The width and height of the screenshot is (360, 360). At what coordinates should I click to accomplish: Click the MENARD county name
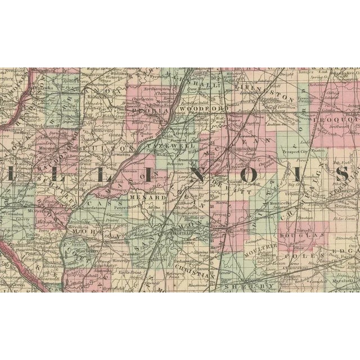coord(143,197)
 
